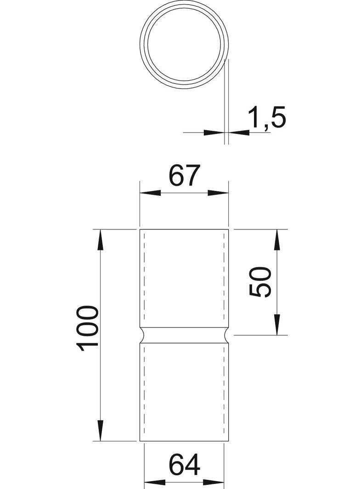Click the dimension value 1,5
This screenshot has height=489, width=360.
(267, 118)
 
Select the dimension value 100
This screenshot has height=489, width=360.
(88, 328)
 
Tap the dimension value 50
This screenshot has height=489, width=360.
(260, 283)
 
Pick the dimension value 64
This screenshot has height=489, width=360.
(185, 465)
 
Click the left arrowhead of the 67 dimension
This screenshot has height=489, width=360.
(149, 194)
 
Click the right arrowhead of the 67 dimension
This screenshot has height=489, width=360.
(219, 194)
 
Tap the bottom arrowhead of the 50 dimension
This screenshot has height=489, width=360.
(277, 324)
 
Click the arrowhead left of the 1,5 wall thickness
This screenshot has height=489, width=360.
(214, 133)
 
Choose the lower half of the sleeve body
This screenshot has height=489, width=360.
(184, 392)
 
